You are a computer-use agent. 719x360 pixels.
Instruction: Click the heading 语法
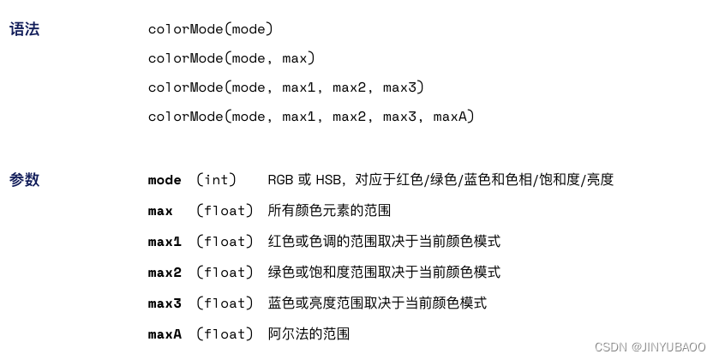24,29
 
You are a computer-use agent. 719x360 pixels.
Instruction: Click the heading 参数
24,180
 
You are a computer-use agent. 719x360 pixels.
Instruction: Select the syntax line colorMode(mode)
210,29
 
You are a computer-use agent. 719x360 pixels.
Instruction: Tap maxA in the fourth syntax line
450,116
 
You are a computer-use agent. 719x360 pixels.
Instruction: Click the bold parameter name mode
165,180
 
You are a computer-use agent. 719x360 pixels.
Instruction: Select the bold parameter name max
160,211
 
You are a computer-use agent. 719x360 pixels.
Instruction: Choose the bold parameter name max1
165,242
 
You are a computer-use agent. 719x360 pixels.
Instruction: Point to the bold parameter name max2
165,273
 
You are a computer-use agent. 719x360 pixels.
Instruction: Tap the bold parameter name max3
165,303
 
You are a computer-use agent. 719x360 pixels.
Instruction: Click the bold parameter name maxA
165,334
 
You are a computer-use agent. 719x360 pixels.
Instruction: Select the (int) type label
216,180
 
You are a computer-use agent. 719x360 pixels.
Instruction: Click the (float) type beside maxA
225,334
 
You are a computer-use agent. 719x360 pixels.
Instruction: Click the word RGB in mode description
280,180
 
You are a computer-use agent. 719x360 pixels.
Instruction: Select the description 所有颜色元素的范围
329,211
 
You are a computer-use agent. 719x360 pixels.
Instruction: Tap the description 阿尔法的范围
309,334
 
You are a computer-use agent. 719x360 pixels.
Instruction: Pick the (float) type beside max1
225,242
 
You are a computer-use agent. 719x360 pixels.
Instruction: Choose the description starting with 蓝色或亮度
377,303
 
